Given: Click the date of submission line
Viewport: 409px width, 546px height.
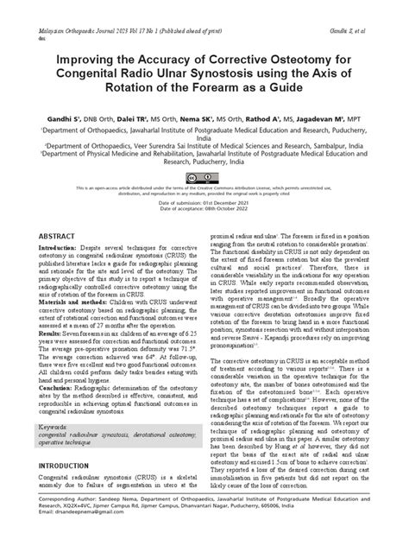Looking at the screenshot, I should pyautogui.click(x=204, y=201).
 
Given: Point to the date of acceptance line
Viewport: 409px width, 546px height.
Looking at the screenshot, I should pyautogui.click(x=204, y=208).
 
